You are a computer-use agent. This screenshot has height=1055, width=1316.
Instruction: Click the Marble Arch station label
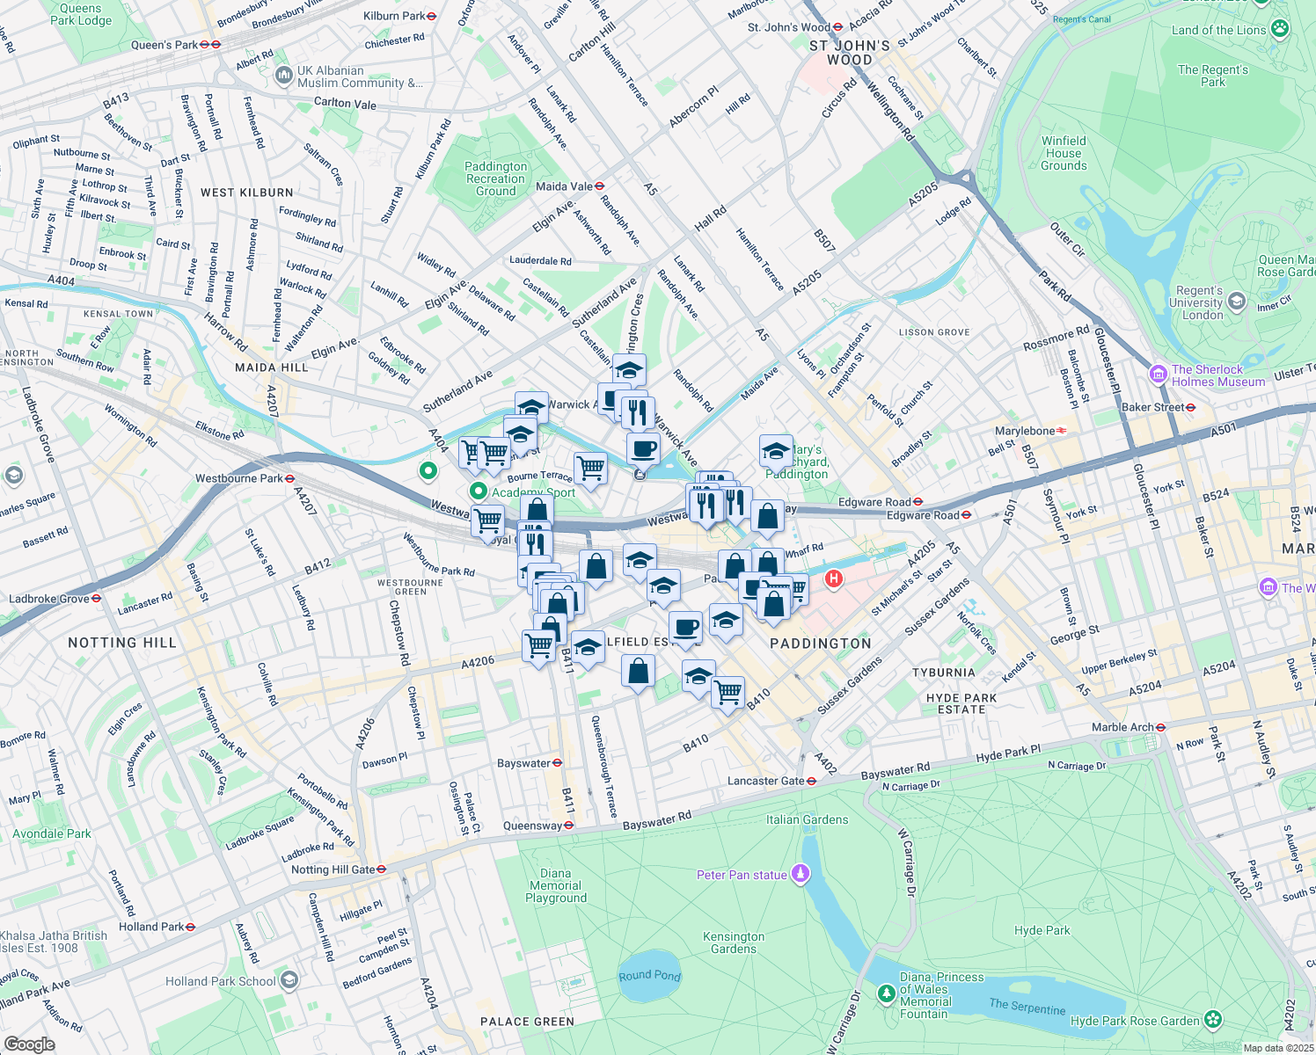(1122, 727)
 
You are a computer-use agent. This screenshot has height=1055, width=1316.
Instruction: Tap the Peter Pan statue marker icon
(800, 874)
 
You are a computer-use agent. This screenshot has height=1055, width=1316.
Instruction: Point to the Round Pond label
(649, 975)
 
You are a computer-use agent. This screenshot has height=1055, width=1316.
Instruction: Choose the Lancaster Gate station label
(766, 781)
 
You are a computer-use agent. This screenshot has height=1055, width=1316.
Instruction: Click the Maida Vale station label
(564, 186)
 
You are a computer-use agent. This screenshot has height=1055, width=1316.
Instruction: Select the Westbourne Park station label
(239, 478)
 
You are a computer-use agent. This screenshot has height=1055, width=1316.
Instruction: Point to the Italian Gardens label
(807, 819)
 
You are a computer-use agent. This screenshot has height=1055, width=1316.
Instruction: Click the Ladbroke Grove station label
(49, 599)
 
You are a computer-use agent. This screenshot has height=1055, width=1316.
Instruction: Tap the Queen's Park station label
(164, 45)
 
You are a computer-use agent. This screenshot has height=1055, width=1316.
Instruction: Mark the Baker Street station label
(1152, 407)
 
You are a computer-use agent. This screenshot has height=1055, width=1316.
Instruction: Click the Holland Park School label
(221, 981)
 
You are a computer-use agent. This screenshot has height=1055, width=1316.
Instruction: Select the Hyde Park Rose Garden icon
(1214, 1020)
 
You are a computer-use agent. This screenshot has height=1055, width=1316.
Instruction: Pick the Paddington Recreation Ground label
(496, 178)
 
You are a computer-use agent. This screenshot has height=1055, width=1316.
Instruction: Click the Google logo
(29, 1044)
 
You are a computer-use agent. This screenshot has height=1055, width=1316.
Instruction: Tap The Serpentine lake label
(1027, 1006)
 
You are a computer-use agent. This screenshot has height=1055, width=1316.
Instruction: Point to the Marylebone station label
(1025, 431)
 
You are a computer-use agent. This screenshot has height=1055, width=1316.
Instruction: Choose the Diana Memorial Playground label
(556, 885)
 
